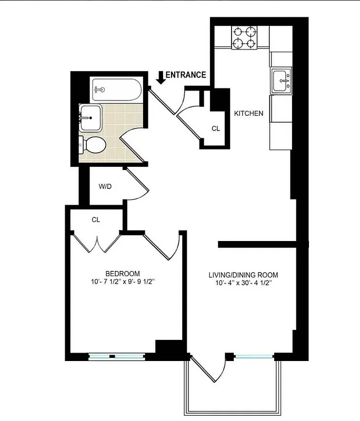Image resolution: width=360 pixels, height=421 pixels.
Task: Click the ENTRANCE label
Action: click(186, 75)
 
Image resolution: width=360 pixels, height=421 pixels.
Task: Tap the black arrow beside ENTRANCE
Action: click(160, 77)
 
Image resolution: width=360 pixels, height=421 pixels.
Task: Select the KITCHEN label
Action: click(248, 113)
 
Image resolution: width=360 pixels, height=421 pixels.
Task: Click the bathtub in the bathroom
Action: click(115, 90)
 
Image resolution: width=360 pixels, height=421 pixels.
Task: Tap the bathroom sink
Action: click(91, 117)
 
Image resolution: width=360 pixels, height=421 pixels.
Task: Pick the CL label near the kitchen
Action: click(215, 128)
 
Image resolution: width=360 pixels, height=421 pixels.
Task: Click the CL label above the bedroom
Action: click(95, 219)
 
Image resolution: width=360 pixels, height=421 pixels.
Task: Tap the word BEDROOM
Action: click(123, 273)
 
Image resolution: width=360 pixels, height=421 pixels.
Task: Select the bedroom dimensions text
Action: click(123, 282)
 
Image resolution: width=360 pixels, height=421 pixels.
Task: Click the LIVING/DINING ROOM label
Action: click(243, 275)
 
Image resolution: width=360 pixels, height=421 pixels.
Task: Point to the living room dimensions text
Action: click(243, 284)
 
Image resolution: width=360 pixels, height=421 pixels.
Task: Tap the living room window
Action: click(255, 357)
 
